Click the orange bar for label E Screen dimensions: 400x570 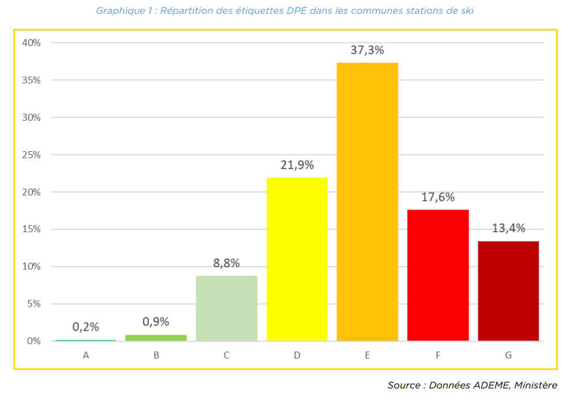[x=367, y=201]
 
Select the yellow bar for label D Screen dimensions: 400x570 [x=297, y=259]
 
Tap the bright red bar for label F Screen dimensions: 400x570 [x=438, y=275]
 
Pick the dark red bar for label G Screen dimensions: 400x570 [x=508, y=291]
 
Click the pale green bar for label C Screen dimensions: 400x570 [x=227, y=308]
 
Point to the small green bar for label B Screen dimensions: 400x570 [x=156, y=338]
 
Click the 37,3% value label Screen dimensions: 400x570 [x=367, y=50]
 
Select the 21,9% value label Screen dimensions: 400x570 [x=297, y=165]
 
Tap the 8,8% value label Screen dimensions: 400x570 [x=226, y=263]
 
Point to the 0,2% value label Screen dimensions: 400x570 [x=86, y=327]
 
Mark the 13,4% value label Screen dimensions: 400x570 [x=508, y=228]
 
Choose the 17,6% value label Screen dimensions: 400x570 [x=438, y=197]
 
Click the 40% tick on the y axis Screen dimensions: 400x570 [x=31, y=43]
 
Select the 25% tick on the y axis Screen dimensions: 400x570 [x=31, y=155]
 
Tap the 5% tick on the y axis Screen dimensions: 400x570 [x=33, y=304]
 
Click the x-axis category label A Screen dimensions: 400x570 [x=86, y=356]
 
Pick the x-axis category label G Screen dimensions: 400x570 [x=508, y=356]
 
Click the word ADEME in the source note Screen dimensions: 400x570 [x=491, y=385]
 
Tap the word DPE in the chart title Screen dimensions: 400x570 [x=297, y=11]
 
